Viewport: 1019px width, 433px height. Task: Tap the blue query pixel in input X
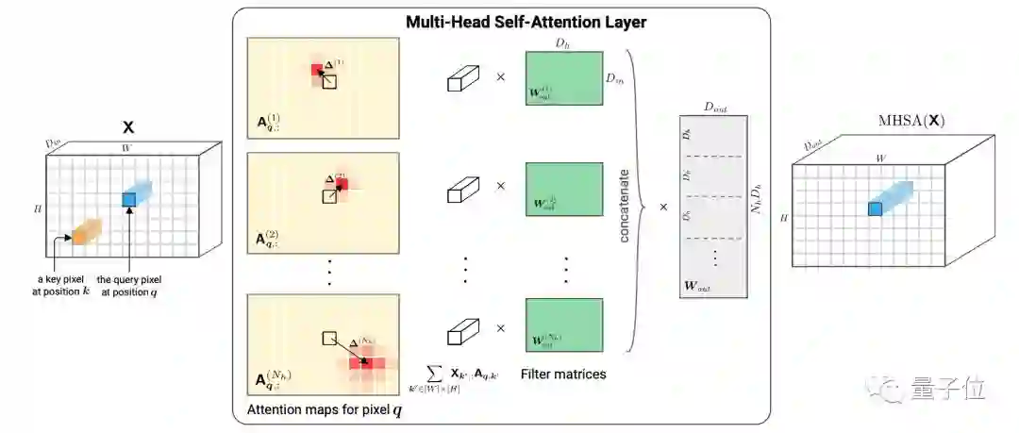(x=129, y=199)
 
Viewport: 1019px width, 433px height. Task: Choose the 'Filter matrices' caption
(x=562, y=375)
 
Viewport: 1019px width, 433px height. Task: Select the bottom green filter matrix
(x=563, y=325)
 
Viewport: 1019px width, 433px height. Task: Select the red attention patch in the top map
(x=318, y=70)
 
